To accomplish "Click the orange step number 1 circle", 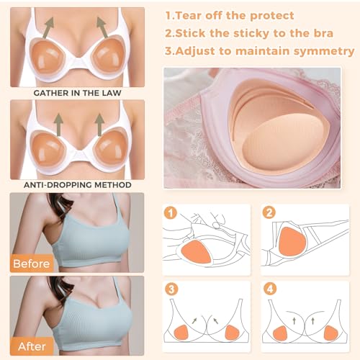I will [171, 214].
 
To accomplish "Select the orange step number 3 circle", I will [171, 289].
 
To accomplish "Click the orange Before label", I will [30, 264].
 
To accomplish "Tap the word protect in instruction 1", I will [271, 15].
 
